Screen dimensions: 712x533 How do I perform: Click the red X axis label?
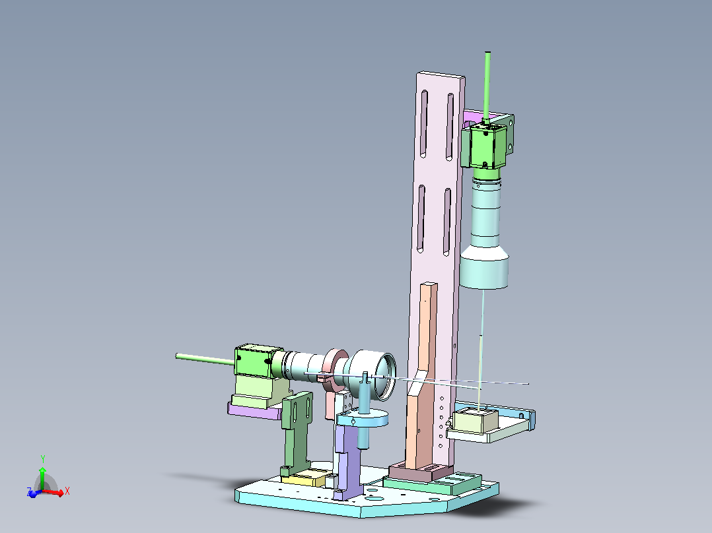(67, 491)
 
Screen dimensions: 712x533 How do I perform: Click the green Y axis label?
(43, 459)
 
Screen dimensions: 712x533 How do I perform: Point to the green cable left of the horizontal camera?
(205, 360)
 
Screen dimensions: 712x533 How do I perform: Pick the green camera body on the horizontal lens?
(254, 361)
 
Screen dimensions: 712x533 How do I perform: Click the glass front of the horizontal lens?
(387, 377)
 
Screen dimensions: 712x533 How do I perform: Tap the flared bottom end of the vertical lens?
(484, 268)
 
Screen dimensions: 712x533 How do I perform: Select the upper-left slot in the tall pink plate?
(423, 124)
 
